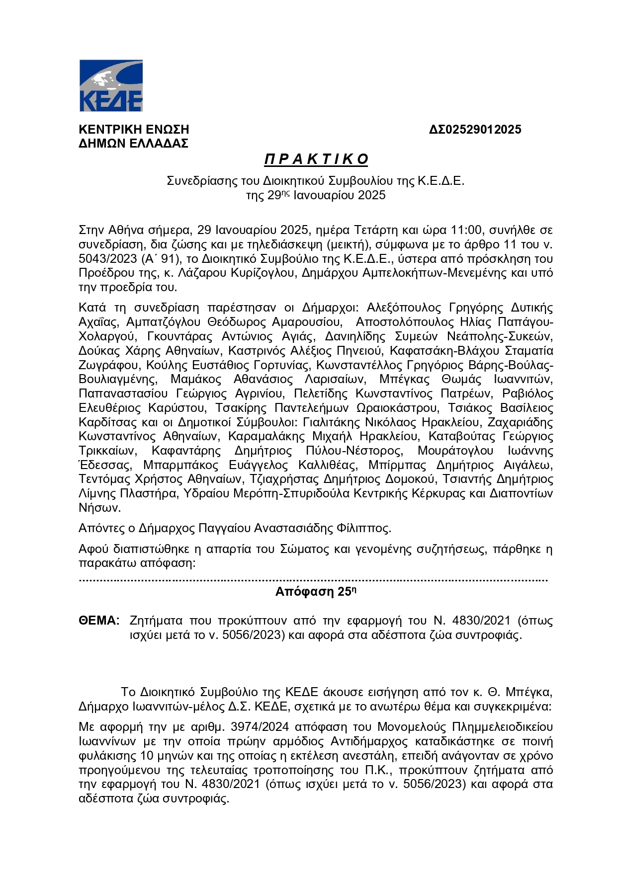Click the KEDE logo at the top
(111, 85)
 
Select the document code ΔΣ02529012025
(475, 130)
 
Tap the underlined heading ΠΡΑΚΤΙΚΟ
(316, 159)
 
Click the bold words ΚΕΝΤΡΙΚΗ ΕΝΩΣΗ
(134, 130)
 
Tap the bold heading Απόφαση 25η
(316, 592)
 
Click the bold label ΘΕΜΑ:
(99, 621)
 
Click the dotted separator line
(313, 579)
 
